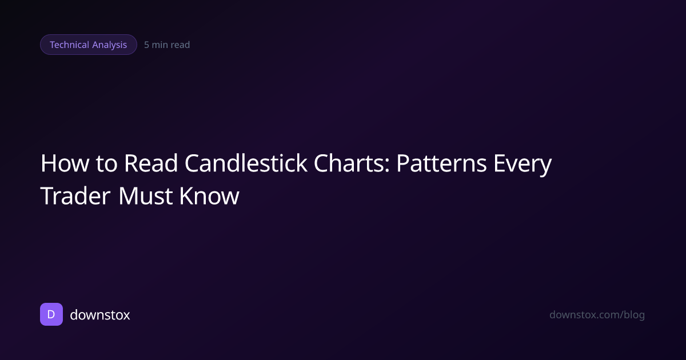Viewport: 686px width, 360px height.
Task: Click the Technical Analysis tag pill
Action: (x=89, y=45)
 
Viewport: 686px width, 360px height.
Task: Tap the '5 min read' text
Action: (x=167, y=45)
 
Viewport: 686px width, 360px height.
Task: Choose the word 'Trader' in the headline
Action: (x=75, y=196)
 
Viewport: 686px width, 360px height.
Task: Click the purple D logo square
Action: (x=51, y=314)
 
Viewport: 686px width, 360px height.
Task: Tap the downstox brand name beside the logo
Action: (x=100, y=314)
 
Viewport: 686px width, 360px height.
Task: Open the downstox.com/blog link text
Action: (x=597, y=314)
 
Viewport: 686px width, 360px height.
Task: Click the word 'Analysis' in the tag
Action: (x=110, y=45)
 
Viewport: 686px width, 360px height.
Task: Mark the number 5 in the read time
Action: (x=147, y=45)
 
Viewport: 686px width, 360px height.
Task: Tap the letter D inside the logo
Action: (x=51, y=314)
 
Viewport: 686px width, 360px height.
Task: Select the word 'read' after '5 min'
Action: (x=180, y=45)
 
